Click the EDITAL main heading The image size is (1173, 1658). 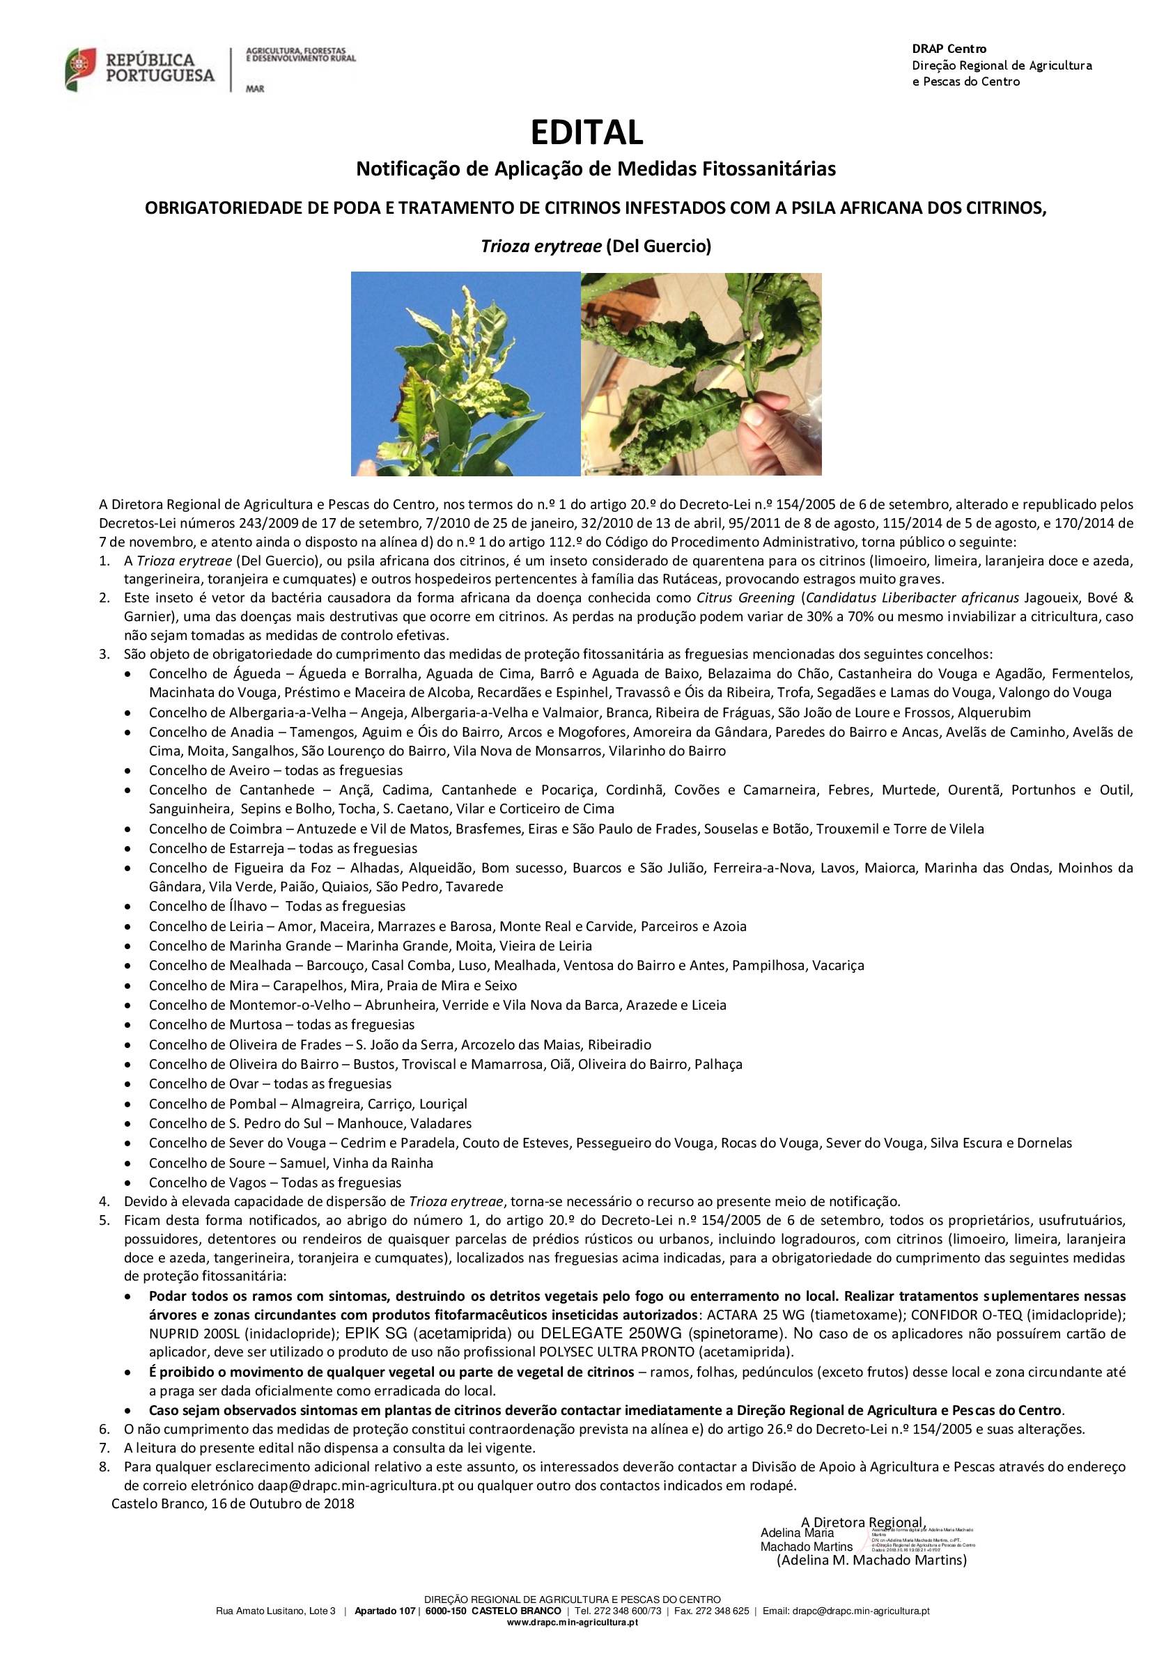[x=586, y=133]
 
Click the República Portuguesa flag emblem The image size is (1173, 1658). [x=80, y=70]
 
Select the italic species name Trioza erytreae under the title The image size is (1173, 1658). [x=541, y=247]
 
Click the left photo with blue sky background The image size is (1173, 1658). [x=465, y=373]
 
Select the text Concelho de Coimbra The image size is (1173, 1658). [x=215, y=829]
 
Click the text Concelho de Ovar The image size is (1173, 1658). [x=203, y=1084]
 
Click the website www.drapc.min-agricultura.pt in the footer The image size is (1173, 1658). [x=572, y=1622]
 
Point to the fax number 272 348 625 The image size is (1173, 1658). [x=722, y=1611]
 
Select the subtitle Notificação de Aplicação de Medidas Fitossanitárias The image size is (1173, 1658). [x=596, y=169]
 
